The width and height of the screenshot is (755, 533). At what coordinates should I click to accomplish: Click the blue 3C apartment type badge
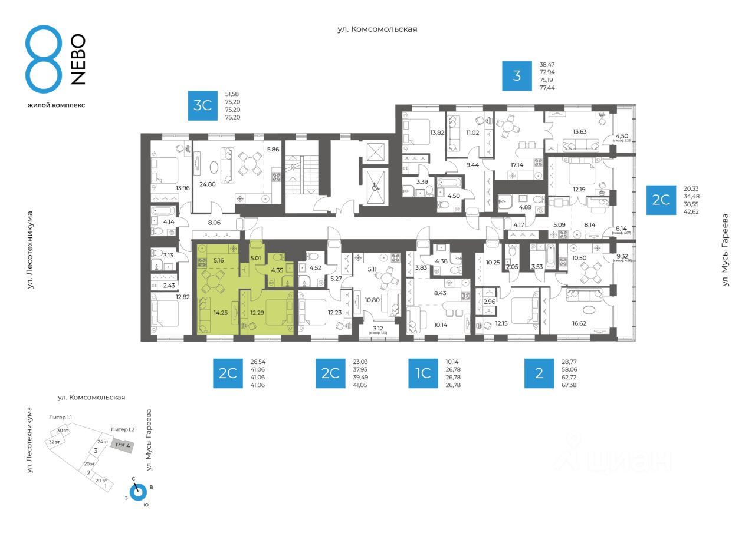pos(203,105)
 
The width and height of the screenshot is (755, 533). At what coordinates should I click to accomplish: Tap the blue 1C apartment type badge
pos(423,373)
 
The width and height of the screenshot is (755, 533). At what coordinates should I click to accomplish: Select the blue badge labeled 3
pos(517,76)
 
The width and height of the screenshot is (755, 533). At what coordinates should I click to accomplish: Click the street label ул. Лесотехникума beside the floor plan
pos(30,250)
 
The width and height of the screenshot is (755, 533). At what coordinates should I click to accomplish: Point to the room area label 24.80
pos(206,184)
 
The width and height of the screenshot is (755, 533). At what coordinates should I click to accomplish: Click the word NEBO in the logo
pos(78,59)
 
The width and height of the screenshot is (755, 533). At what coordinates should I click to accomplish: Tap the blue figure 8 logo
pos(44,59)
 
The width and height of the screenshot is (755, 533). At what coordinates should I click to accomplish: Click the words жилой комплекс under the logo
pos(56,105)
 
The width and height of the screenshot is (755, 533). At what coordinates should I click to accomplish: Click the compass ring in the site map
pos(137,492)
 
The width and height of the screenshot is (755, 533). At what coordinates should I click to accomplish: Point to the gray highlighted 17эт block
pos(123,445)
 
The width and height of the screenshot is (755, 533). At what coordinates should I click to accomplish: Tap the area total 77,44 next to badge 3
pos(547,87)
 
